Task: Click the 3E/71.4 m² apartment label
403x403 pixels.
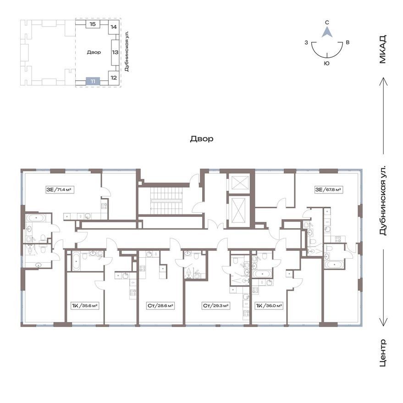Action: click(59, 190)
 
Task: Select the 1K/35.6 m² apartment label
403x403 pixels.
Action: click(85, 306)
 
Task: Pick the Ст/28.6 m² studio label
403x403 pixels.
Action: click(160, 306)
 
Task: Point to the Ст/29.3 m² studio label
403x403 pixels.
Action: click(215, 306)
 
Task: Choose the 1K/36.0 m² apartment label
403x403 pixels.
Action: click(269, 306)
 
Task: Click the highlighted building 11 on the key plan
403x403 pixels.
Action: click(93, 82)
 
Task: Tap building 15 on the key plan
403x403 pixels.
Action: click(93, 24)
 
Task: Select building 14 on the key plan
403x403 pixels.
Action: click(114, 27)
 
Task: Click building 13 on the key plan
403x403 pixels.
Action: click(115, 52)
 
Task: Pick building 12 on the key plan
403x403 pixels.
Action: click(114, 77)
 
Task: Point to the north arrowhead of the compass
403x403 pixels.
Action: click(327, 33)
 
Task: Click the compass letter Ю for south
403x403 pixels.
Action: click(327, 63)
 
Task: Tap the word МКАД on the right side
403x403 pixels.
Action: click(383, 50)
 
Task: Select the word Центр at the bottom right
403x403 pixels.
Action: click(383, 353)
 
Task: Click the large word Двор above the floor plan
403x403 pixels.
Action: click(202, 139)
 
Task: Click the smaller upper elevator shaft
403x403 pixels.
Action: click(239, 183)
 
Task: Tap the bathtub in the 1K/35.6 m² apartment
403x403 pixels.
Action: click(76, 261)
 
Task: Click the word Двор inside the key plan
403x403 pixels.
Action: click(94, 52)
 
